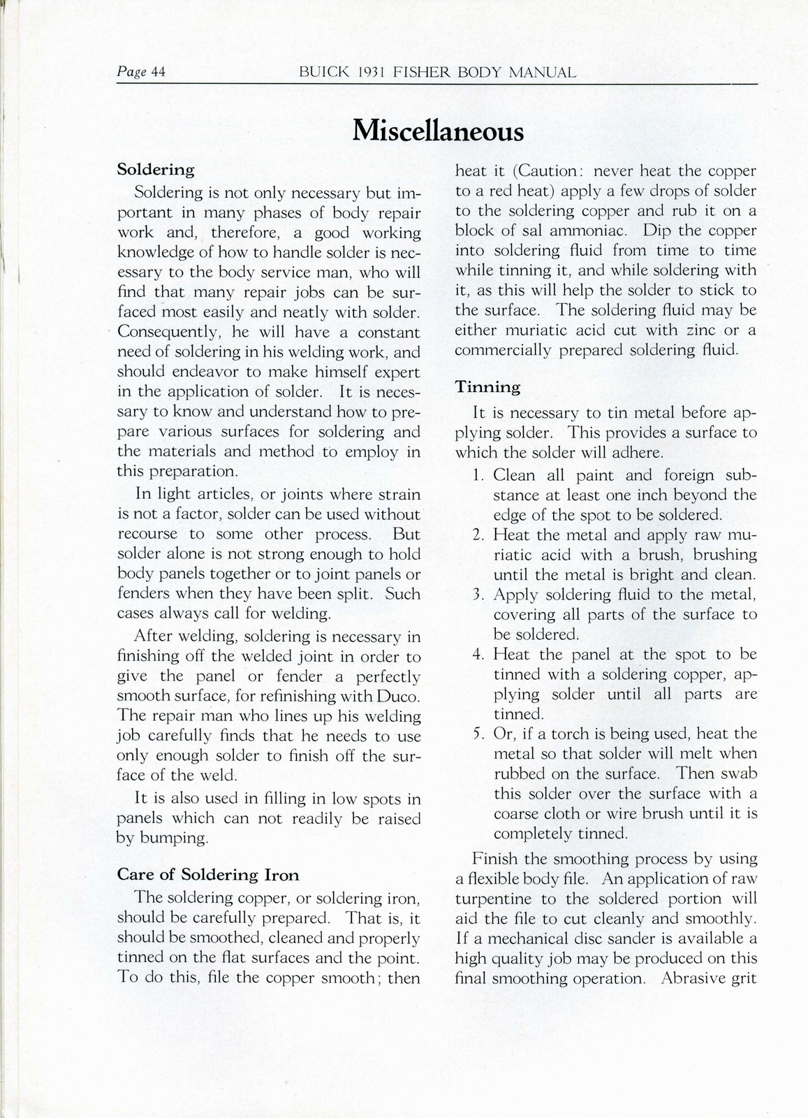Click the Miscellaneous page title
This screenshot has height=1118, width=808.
(438, 130)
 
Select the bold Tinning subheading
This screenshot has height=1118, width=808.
(487, 386)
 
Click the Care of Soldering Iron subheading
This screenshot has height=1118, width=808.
(208, 874)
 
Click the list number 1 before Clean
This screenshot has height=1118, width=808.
(478, 476)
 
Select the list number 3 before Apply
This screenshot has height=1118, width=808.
(478, 595)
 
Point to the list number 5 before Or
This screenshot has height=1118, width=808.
(478, 734)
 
